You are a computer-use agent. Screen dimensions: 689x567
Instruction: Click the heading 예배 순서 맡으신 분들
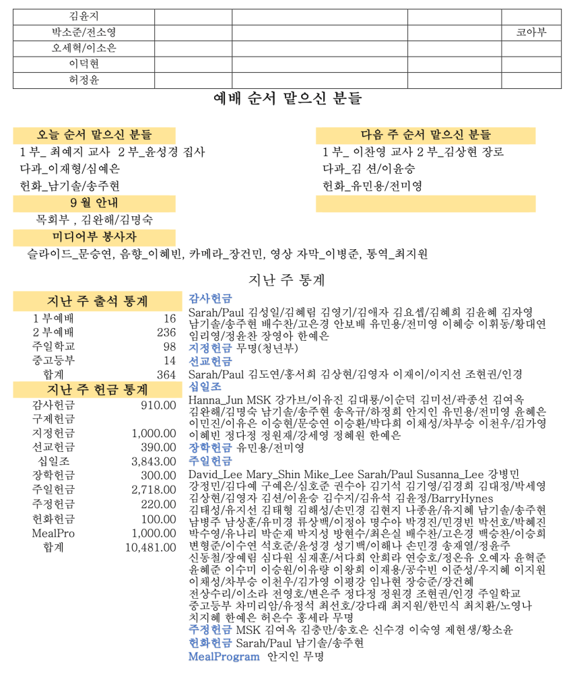287,99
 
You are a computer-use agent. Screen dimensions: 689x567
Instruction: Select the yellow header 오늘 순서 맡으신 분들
94,135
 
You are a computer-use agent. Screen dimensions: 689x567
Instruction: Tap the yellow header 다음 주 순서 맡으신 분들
426,135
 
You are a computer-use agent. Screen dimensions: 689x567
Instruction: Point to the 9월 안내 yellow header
94,203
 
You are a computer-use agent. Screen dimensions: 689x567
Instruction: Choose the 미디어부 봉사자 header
94,237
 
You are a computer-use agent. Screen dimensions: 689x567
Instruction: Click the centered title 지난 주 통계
287,279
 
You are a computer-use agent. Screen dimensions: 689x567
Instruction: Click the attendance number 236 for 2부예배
166,332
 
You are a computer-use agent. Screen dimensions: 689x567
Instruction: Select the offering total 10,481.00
150,548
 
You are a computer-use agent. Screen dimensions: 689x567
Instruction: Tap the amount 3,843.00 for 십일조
154,461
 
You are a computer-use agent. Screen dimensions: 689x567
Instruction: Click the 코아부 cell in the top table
531,32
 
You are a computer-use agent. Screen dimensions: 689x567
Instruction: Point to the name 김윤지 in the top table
84,16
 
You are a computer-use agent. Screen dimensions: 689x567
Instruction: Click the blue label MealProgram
224,656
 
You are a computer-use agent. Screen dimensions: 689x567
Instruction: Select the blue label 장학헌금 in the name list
210,447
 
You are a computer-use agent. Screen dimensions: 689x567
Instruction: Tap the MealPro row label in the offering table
53,533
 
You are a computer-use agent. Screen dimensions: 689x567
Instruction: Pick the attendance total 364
166,374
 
